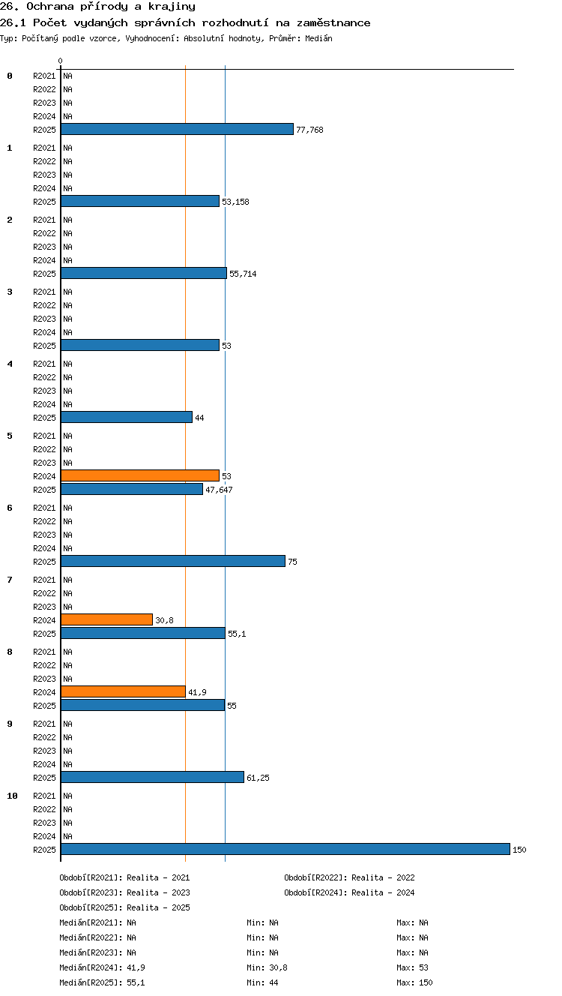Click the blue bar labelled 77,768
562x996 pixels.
(x=177, y=129)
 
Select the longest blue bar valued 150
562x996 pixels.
(x=285, y=849)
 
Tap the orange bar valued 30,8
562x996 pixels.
(x=106, y=619)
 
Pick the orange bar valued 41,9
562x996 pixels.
(x=123, y=691)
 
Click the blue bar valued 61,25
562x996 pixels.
(x=152, y=777)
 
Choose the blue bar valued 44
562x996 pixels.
(x=127, y=417)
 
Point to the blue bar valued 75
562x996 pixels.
(x=173, y=561)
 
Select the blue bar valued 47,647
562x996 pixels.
(x=132, y=489)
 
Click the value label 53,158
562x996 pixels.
(x=235, y=202)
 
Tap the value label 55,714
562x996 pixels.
(x=243, y=274)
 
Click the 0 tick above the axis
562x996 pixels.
(x=61, y=61)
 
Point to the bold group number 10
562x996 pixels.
(x=12, y=796)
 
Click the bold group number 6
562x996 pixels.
(x=10, y=508)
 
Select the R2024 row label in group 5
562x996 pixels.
(x=44, y=476)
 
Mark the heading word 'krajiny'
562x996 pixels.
(x=172, y=7)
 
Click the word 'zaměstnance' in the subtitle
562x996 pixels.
(x=333, y=22)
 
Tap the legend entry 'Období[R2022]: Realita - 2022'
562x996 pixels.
(x=349, y=877)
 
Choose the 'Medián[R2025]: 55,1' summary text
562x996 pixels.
(x=102, y=982)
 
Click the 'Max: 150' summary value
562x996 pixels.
(x=414, y=982)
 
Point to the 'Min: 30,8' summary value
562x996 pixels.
(x=267, y=967)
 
